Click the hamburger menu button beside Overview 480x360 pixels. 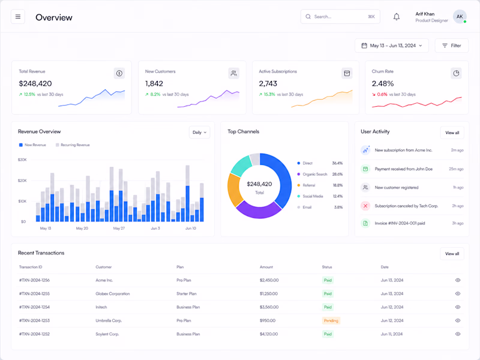pos(18,17)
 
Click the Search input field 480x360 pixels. pos(340,17)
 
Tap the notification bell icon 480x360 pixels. pos(397,17)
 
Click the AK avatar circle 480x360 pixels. pos(460,17)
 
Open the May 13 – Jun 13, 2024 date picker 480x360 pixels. pos(392,46)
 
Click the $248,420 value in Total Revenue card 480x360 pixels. pos(35,83)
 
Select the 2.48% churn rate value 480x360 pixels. pos(383,83)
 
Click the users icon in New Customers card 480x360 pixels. pos(233,73)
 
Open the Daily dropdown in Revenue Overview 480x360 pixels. pos(199,132)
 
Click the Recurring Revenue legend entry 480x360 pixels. pos(73,145)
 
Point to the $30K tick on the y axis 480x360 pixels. pos(22,160)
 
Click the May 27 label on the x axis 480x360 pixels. pos(119,229)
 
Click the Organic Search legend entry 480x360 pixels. pos(312,174)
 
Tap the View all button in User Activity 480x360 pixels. pos(452,133)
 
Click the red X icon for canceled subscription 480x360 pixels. pos(365,206)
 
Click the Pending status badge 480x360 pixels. pos(331,320)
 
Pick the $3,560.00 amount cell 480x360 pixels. pos(269,307)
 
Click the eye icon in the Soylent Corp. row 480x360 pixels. pos(458,334)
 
